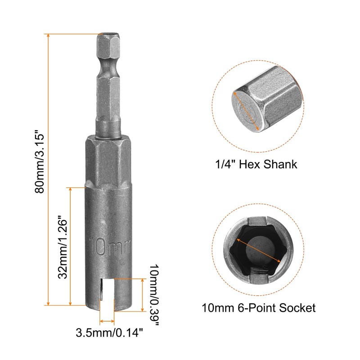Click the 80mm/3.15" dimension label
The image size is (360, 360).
pyautogui.click(x=39, y=162)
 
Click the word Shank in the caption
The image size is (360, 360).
pyautogui.click(x=280, y=164)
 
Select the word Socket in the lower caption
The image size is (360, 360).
pyautogui.click(x=297, y=308)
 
